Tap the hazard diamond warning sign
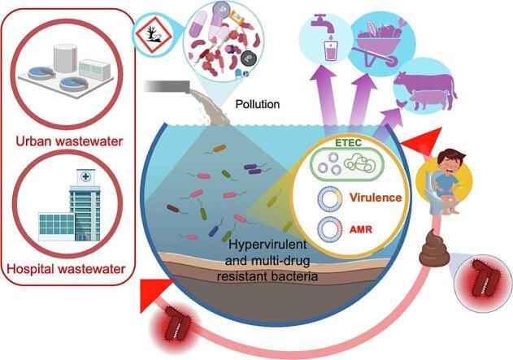[x=154, y=33]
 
